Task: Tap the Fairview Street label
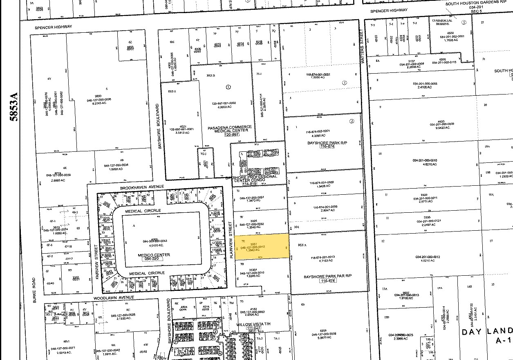[97, 262]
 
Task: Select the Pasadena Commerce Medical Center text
[230, 129]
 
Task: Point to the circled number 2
[352, 122]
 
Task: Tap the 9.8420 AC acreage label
[442, 128]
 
